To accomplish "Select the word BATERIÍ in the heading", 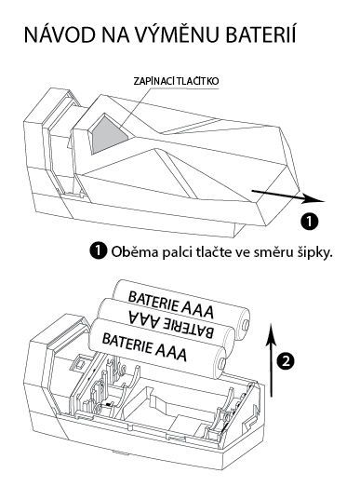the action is [260, 34].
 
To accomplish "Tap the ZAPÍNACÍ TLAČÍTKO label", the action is [176, 81].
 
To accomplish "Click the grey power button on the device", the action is [107, 135].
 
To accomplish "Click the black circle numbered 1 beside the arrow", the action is [310, 221].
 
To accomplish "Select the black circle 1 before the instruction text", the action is [99, 251].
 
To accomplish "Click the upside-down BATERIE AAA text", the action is [171, 323].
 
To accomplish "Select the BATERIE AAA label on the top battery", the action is [170, 304].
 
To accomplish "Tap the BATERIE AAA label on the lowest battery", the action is [144, 346].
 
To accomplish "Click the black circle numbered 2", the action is [286, 361].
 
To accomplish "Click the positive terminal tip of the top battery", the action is [247, 324].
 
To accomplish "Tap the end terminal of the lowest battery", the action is [222, 363].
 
